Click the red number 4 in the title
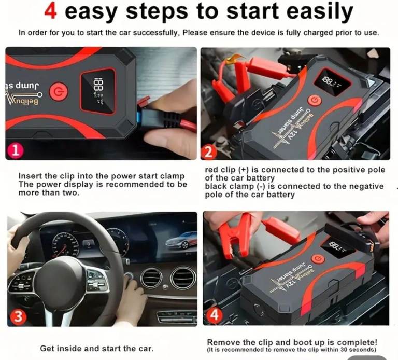[x=50, y=11]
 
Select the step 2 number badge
[x=209, y=152]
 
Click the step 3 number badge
[x=18, y=317]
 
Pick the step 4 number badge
[x=215, y=315]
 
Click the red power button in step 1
[x=59, y=91]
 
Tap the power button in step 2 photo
[x=315, y=100]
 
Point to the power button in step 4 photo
[x=318, y=260]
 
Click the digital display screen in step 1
[x=98, y=91]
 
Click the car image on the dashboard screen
[x=181, y=242]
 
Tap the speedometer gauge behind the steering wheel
[x=65, y=245]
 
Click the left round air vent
[x=151, y=279]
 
